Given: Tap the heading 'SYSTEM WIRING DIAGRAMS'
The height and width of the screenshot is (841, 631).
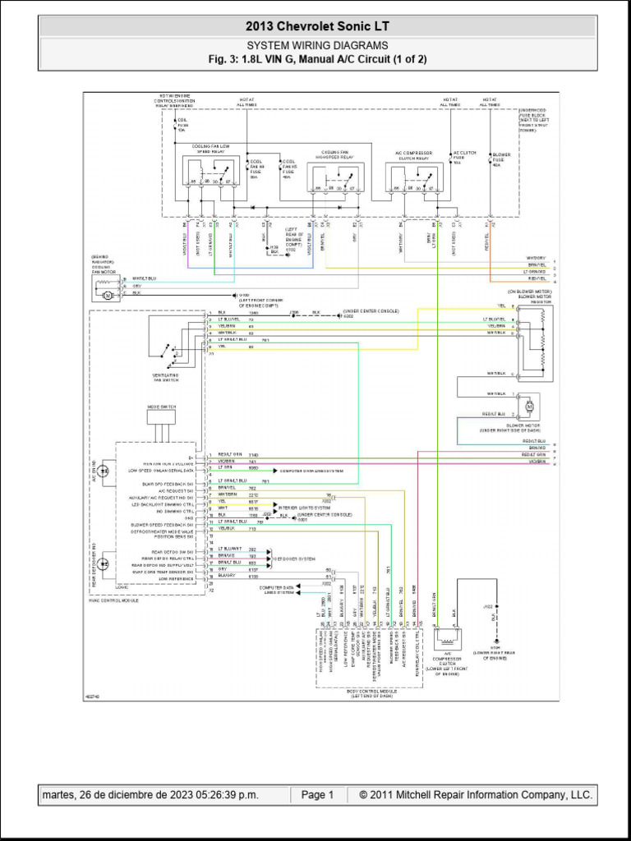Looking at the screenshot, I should (x=316, y=46).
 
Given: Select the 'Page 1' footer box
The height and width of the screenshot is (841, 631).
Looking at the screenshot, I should (x=317, y=795).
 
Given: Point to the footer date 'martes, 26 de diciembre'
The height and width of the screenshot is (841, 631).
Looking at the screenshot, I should (x=150, y=795).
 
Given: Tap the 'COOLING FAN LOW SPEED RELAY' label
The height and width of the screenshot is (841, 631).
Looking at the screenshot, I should (x=211, y=149).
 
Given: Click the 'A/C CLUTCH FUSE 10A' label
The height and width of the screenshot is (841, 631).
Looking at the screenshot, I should (x=464, y=157).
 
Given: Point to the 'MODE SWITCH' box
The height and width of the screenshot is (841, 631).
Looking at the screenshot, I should (x=161, y=417).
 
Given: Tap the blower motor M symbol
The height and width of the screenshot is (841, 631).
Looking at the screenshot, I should (x=529, y=406).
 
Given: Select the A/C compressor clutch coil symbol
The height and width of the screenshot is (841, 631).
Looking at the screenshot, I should (x=448, y=638).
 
